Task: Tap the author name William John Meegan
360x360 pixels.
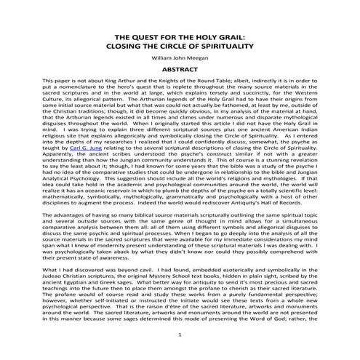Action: click(180, 59)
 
